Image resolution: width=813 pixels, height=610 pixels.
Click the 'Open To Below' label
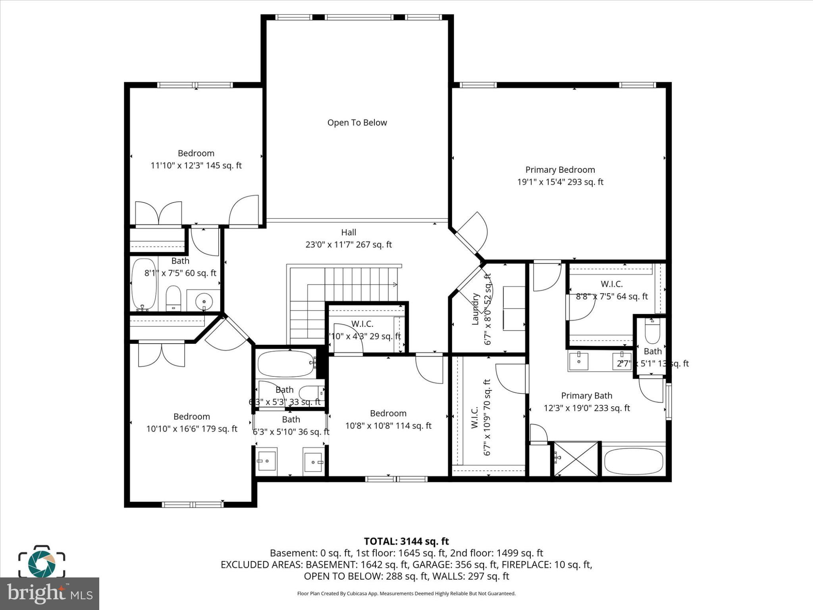pyautogui.click(x=357, y=123)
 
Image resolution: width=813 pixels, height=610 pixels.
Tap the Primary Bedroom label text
pyautogui.click(x=560, y=170)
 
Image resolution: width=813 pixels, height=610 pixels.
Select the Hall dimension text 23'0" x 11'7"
pyautogui.click(x=348, y=245)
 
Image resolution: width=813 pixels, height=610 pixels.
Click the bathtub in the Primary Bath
pyautogui.click(x=633, y=460)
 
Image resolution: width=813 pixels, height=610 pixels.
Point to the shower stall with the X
pyautogui.click(x=576, y=458)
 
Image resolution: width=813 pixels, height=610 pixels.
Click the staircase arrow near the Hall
pyautogui.click(x=394, y=284)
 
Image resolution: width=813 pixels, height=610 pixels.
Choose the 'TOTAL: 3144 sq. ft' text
pyautogui.click(x=406, y=541)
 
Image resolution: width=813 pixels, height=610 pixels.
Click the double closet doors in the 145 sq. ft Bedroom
pyautogui.click(x=158, y=214)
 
